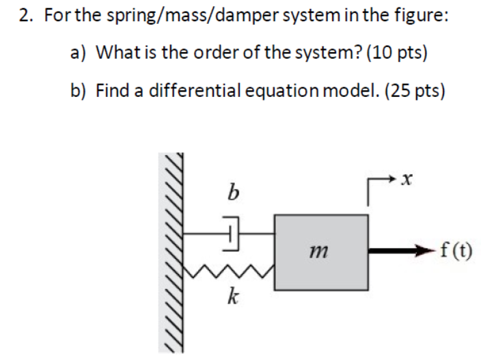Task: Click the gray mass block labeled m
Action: click(320, 252)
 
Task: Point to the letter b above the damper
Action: click(232, 194)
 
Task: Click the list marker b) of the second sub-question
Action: click(80, 90)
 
